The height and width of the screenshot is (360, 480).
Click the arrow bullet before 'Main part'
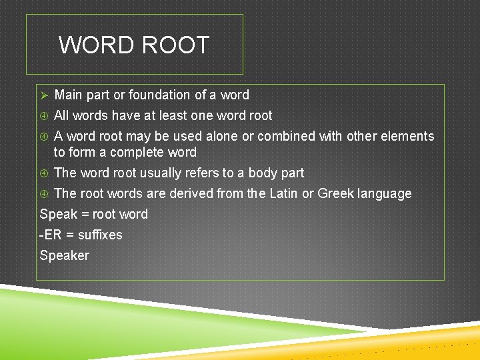(44, 95)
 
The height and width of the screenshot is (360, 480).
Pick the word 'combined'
(286, 137)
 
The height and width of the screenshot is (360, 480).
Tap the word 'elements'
(407, 137)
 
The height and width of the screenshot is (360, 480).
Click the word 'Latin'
(285, 194)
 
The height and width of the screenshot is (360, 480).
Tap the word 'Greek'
(336, 194)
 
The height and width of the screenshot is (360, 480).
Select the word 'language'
(385, 194)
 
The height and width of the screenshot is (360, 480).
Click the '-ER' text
(51, 235)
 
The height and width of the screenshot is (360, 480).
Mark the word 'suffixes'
(100, 235)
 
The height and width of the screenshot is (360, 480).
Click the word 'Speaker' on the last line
(65, 256)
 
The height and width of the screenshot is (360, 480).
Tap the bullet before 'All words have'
(44, 116)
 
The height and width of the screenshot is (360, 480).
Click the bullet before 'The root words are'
(44, 194)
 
